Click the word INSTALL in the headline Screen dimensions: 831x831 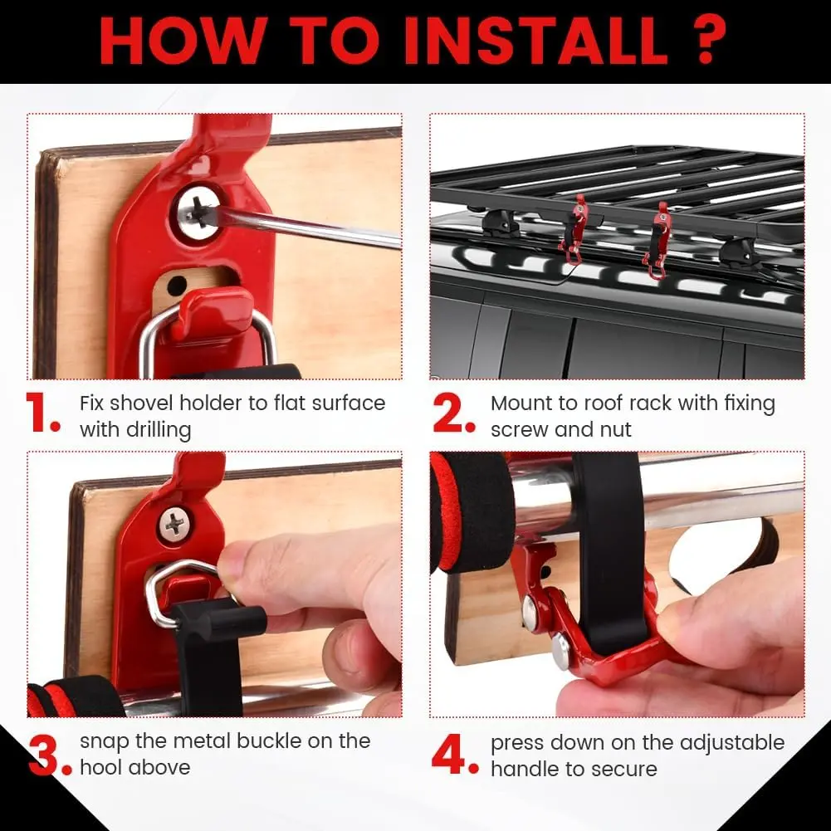(x=535, y=41)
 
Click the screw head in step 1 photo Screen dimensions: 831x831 (x=197, y=213)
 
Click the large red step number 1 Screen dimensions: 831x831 (x=42, y=413)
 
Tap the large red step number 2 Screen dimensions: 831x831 (x=453, y=413)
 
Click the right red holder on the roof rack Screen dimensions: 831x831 (x=657, y=240)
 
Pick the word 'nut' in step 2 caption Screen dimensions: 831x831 (x=615, y=430)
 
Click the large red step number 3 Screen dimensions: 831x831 (x=46, y=755)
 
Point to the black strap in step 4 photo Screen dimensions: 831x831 (x=609, y=551)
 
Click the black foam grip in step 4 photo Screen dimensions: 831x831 (x=471, y=512)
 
